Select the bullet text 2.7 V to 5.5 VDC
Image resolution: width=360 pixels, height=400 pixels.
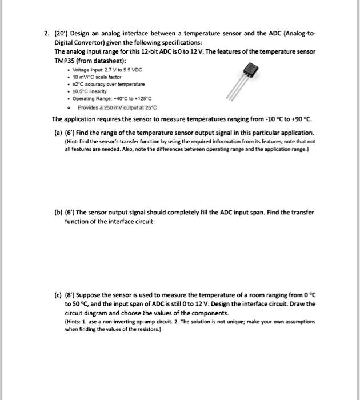[125, 68]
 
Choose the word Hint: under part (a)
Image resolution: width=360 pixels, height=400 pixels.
[71, 139]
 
